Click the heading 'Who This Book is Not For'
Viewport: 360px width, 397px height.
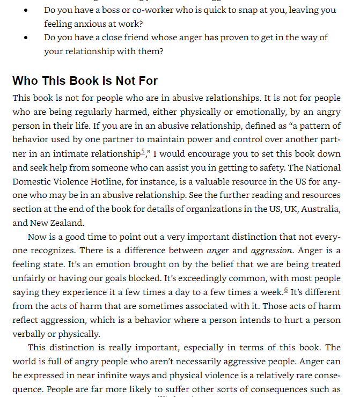pos(85,81)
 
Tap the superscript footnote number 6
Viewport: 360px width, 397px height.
pos(286,290)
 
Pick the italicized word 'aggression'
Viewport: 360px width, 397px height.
pos(271,250)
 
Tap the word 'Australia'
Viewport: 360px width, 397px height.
pos(320,209)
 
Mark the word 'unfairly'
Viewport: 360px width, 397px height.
pos(28,278)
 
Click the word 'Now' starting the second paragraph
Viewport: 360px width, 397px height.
pos(37,237)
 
